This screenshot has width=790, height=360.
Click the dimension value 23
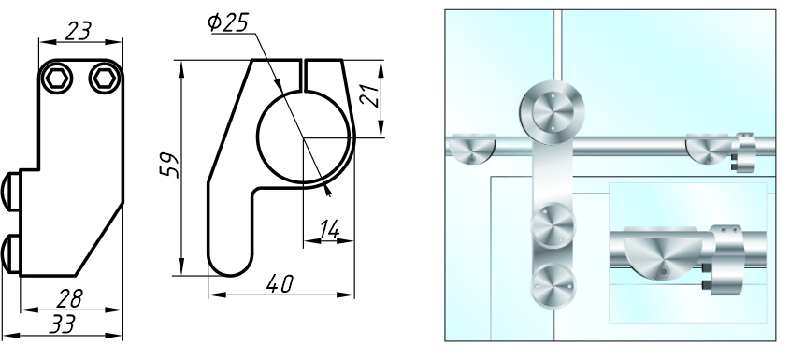coord(79,31)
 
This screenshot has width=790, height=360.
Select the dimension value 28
coord(70,298)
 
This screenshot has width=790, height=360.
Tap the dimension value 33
coord(63,324)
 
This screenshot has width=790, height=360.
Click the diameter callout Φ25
coord(228,22)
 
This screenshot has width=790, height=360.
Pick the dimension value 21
coord(369,94)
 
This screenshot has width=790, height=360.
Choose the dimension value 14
coord(328,230)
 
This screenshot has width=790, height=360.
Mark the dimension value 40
coord(280,284)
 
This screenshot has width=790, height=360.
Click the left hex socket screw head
coord(56,79)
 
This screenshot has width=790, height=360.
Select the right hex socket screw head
coord(105,79)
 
